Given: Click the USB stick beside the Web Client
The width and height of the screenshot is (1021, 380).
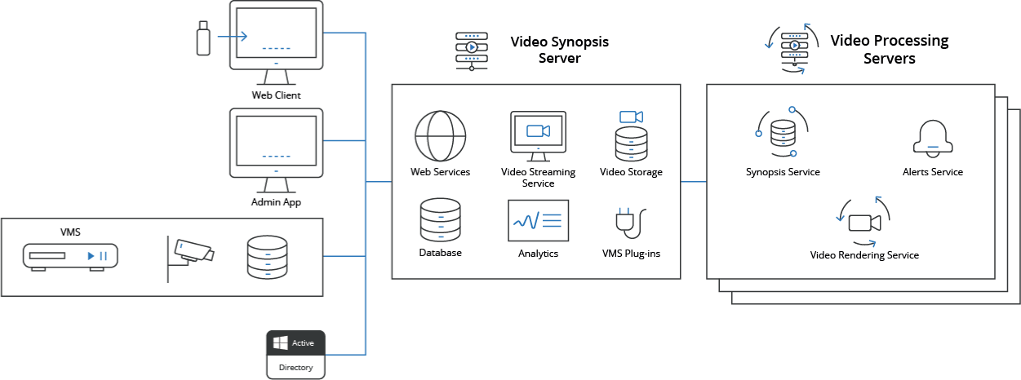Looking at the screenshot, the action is pyautogui.click(x=203, y=38).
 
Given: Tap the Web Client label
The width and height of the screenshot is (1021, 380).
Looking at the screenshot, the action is pyautogui.click(x=276, y=95).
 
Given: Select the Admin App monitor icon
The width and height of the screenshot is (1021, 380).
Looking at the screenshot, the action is pyautogui.click(x=276, y=150).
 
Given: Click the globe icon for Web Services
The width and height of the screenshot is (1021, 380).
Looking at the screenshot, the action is pyautogui.click(x=440, y=136).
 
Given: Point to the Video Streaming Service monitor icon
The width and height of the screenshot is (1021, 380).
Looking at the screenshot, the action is pyautogui.click(x=539, y=136).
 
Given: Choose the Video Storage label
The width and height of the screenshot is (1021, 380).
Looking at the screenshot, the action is pyautogui.click(x=631, y=172).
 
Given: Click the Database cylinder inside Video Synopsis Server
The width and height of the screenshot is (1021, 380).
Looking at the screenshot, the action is pyautogui.click(x=440, y=220).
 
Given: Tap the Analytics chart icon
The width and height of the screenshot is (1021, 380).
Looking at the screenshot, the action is pyautogui.click(x=539, y=220).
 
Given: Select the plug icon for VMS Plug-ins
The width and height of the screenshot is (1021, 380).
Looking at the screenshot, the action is pyautogui.click(x=631, y=223).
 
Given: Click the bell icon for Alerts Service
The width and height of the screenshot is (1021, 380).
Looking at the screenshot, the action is pyautogui.click(x=933, y=139).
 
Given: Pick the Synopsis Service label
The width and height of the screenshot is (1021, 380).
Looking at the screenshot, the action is pyautogui.click(x=783, y=172).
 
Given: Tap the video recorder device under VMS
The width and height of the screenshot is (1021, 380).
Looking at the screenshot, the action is pyautogui.click(x=70, y=257).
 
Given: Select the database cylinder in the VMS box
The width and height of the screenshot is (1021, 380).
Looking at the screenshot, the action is pyautogui.click(x=267, y=257).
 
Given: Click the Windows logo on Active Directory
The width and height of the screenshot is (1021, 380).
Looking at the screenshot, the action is pyautogui.click(x=280, y=343).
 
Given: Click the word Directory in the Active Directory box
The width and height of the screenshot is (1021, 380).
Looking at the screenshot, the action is pyautogui.click(x=295, y=367).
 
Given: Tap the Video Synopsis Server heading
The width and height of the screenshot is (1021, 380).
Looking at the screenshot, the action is pyautogui.click(x=559, y=50).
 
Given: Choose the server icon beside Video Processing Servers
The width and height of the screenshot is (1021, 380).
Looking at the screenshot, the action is pyautogui.click(x=794, y=49).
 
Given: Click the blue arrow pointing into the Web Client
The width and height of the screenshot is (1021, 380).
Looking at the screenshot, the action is pyautogui.click(x=233, y=37).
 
